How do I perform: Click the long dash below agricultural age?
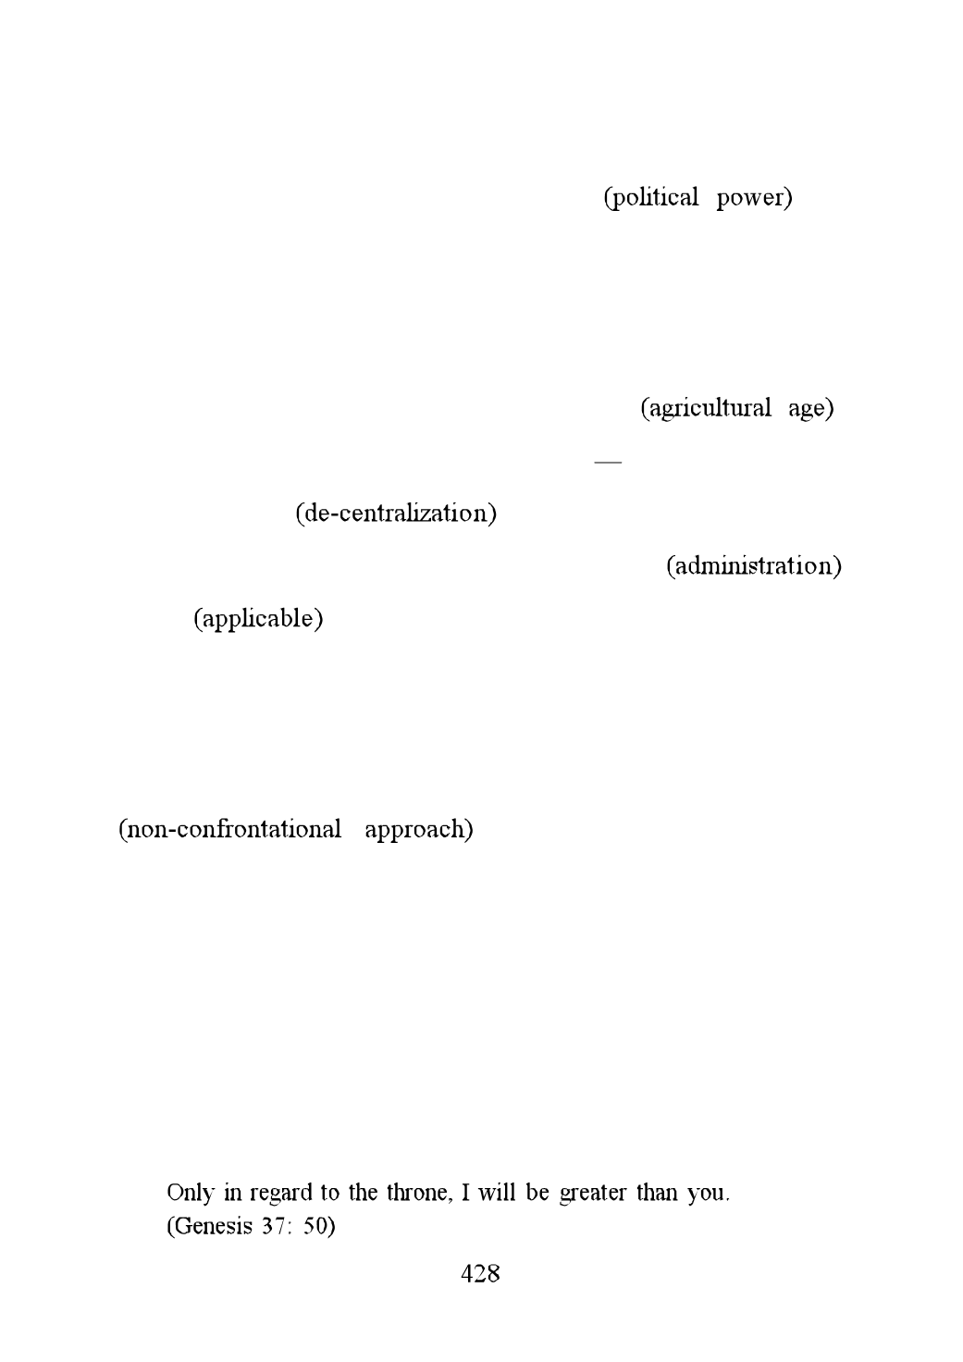[x=608, y=462]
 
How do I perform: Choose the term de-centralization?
[x=396, y=514]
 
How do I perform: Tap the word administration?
[x=754, y=566]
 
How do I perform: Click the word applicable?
[x=258, y=620]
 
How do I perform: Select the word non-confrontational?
[x=234, y=829]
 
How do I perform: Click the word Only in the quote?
[x=191, y=1193]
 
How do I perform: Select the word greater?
[x=593, y=1195]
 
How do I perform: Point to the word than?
[x=657, y=1193]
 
